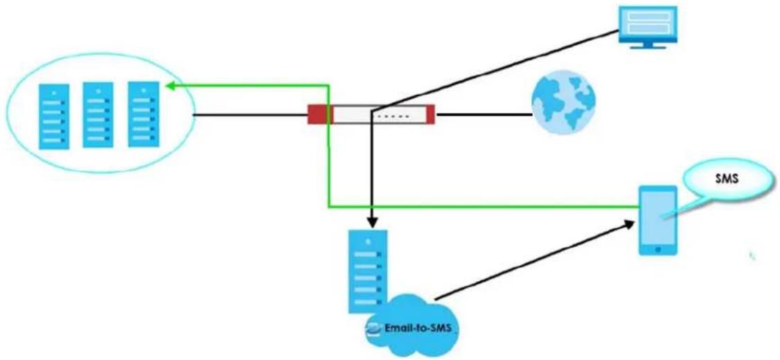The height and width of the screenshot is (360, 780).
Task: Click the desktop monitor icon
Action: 647,27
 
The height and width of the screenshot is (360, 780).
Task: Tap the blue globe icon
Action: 563,102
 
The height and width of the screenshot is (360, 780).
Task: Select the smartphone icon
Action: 657,220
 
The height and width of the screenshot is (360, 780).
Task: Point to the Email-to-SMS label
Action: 417,329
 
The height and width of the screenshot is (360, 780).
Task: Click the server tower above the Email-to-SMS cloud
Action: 368,271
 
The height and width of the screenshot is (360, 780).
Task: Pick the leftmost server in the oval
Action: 54,117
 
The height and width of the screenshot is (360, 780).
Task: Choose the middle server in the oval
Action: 98,115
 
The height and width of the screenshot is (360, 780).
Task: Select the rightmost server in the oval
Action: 143,114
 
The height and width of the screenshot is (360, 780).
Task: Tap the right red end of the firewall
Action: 429,114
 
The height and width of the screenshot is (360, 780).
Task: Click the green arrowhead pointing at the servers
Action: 170,86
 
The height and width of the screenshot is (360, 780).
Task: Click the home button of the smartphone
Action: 657,249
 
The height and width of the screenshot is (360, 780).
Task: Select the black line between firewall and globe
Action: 484,115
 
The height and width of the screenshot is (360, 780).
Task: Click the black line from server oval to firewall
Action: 249,116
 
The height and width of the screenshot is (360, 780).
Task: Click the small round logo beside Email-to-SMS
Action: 373,329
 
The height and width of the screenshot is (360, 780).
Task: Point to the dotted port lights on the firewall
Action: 393,118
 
